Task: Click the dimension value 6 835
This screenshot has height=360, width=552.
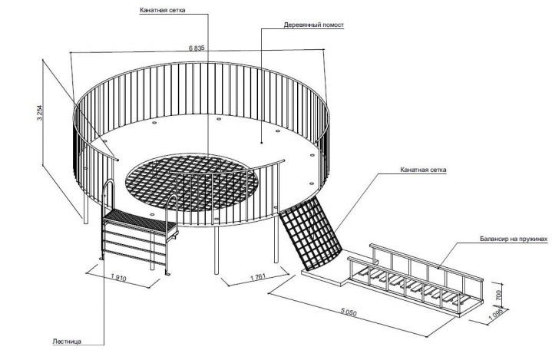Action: tap(197, 48)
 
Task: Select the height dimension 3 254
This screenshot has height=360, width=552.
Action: tap(40, 113)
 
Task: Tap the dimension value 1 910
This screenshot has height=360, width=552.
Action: tap(118, 278)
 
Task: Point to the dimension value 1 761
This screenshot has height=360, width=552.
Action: tap(258, 277)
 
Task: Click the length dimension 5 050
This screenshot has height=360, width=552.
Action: tap(349, 312)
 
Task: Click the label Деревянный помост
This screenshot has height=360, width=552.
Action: tap(314, 25)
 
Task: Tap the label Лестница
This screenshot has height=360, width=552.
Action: tap(67, 342)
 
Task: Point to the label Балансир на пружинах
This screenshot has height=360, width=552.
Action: tap(514, 239)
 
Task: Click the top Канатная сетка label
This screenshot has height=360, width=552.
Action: tap(162, 10)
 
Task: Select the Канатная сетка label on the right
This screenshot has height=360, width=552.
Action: tap(423, 170)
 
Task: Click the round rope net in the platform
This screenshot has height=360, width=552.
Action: tap(191, 182)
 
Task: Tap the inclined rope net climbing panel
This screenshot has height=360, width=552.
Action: tap(310, 234)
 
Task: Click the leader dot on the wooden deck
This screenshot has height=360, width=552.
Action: tap(262, 143)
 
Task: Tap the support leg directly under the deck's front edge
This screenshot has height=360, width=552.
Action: tap(217, 250)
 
